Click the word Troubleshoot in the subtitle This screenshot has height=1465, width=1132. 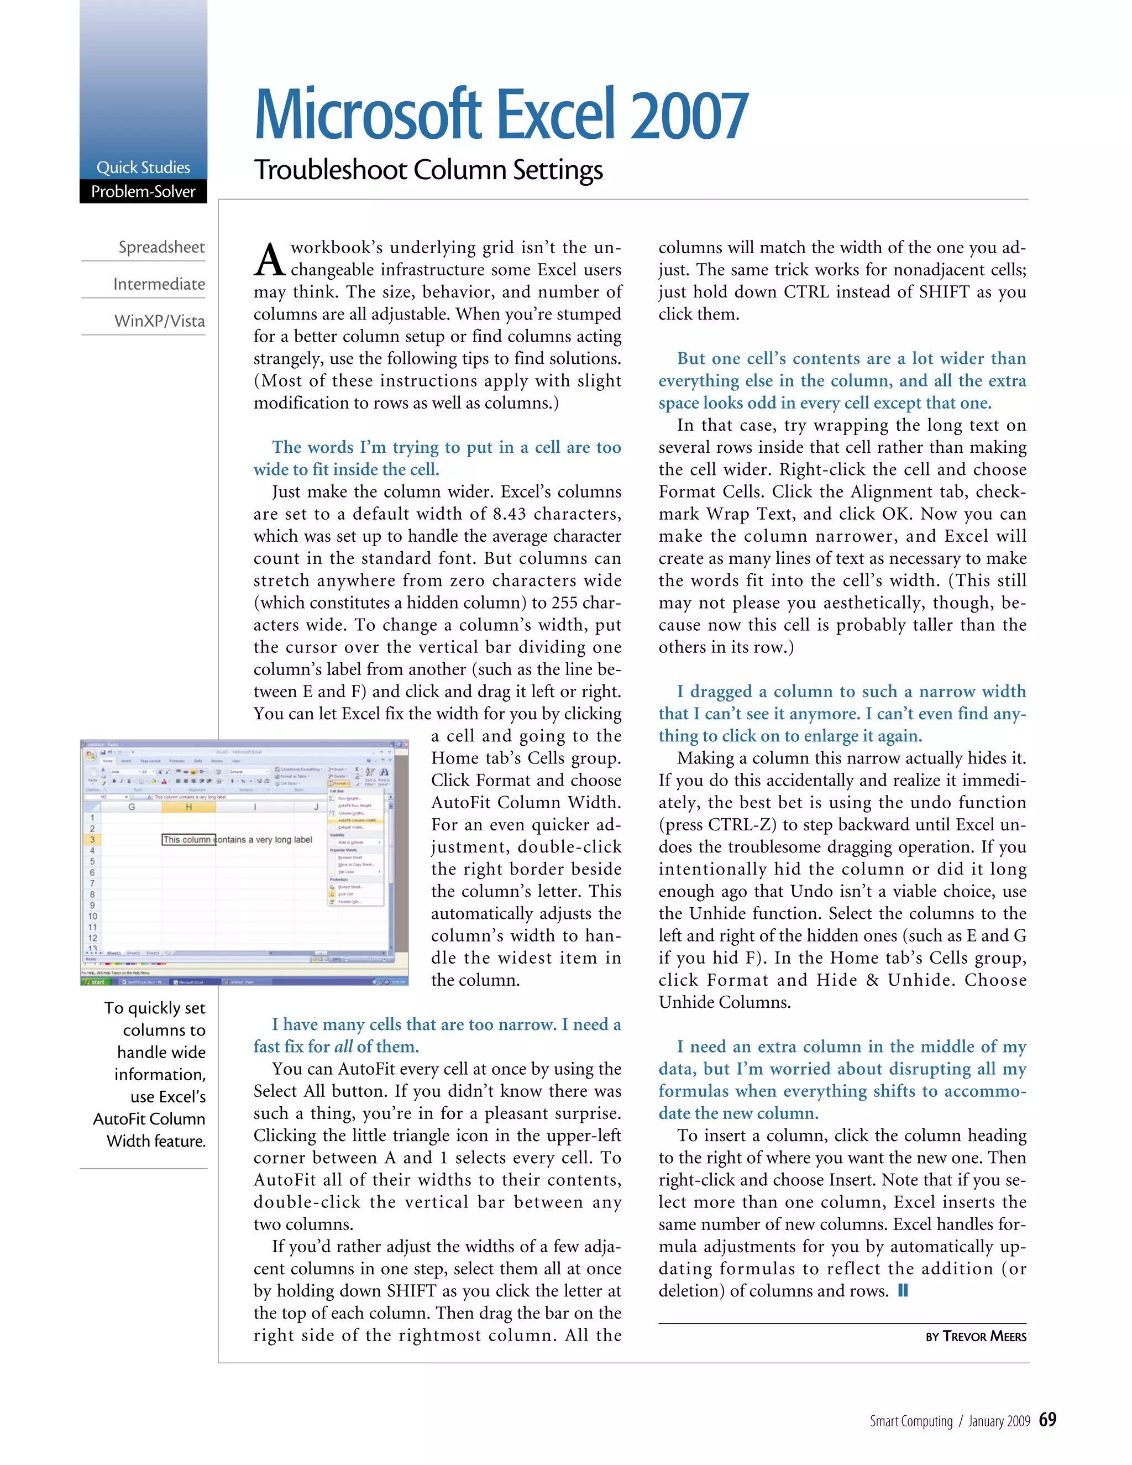click(x=330, y=170)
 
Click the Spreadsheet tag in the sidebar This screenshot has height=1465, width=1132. click(x=161, y=247)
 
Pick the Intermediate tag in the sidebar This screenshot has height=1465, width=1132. click(x=159, y=284)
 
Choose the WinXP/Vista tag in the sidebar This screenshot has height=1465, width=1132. click(x=160, y=321)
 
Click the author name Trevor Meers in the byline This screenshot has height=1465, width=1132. click(x=984, y=1336)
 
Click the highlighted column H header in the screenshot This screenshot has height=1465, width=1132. click(x=188, y=807)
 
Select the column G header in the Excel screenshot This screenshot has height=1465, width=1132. click(x=132, y=807)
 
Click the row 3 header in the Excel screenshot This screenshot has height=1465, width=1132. click(x=92, y=839)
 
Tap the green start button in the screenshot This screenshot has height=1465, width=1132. click(x=95, y=981)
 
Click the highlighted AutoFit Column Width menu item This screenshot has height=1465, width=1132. click(x=356, y=820)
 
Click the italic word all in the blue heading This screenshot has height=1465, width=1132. click(x=343, y=1047)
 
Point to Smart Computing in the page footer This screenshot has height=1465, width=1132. click(x=910, y=1421)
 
